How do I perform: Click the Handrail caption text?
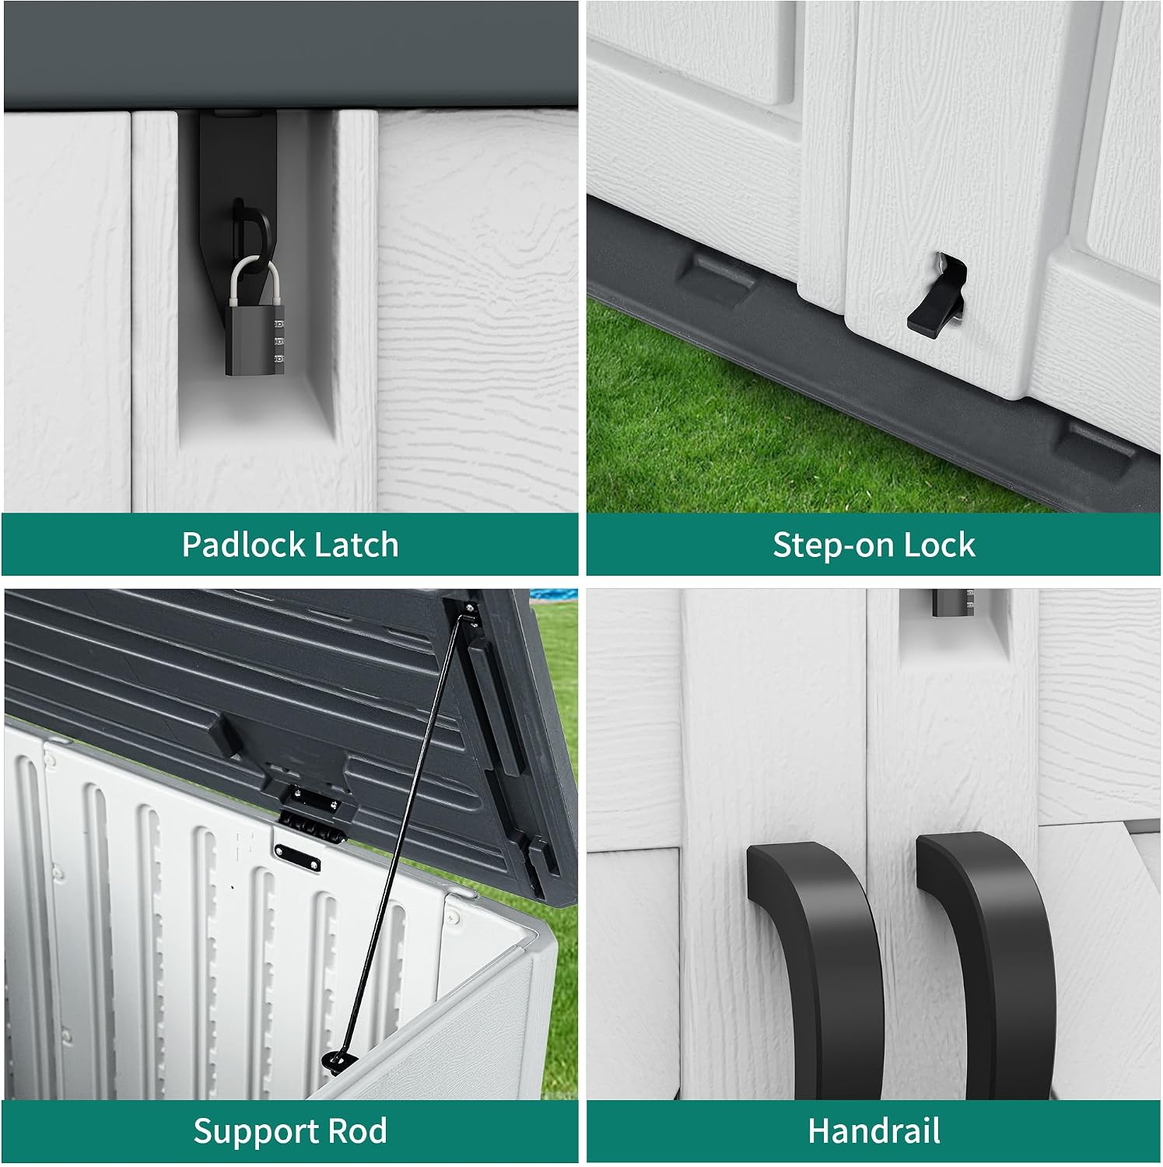[x=874, y=1131]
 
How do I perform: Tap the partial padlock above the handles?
[x=953, y=602]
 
